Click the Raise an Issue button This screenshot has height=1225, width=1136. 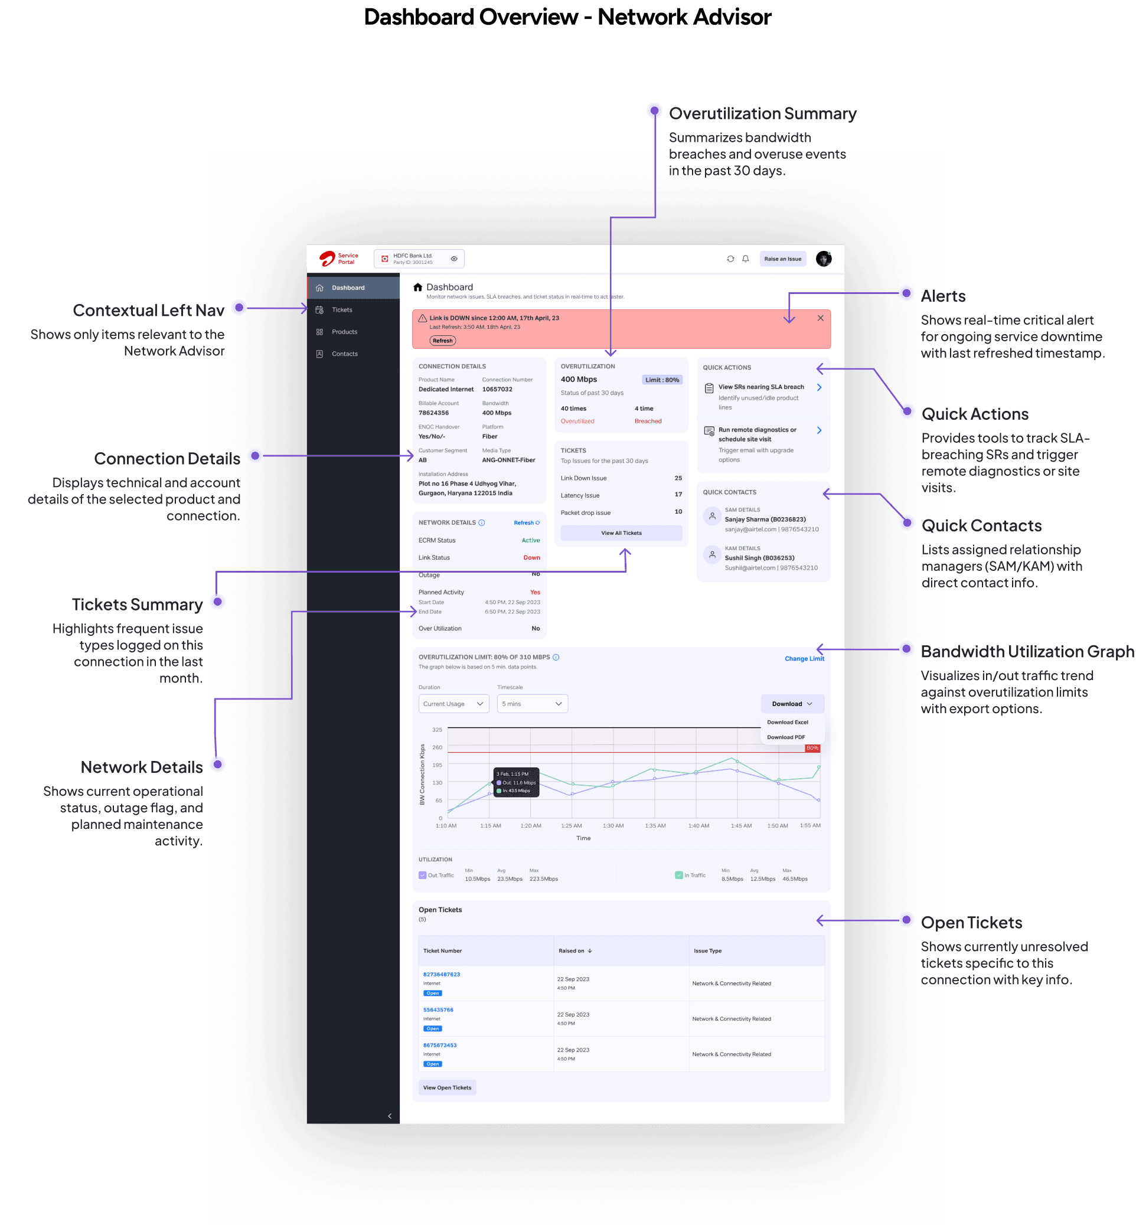(x=782, y=259)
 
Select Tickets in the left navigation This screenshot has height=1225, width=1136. (x=342, y=310)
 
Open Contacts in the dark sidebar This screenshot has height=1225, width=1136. (x=344, y=354)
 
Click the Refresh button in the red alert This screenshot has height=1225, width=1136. (x=443, y=341)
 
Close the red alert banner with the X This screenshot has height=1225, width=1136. (x=820, y=318)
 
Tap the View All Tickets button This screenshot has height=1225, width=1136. (x=621, y=533)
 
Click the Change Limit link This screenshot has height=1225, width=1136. (x=804, y=658)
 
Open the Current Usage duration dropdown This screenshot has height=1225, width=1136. (x=453, y=704)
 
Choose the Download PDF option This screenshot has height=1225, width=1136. (x=786, y=737)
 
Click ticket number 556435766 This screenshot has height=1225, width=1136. (x=438, y=1010)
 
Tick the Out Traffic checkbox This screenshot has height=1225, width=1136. (x=422, y=876)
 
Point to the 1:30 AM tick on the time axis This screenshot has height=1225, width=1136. (x=613, y=825)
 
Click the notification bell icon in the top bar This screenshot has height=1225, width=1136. (x=746, y=259)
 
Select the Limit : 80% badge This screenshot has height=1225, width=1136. (x=662, y=380)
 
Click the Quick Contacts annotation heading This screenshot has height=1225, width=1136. (x=981, y=525)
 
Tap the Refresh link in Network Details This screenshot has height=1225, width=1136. (x=526, y=523)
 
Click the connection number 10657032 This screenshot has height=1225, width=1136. (x=497, y=389)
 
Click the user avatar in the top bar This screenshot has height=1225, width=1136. (x=823, y=259)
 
